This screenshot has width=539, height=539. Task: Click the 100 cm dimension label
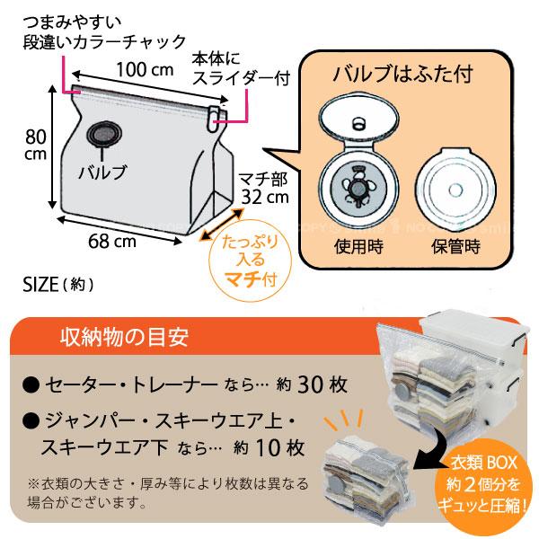[x=145, y=70]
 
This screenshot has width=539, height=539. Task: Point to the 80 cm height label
[x=36, y=146]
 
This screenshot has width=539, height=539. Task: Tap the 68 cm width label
[x=112, y=242]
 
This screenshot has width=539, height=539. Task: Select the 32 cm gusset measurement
[x=265, y=198]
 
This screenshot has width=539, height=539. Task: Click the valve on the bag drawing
[x=104, y=134]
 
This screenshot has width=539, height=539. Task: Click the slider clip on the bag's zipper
[x=214, y=119]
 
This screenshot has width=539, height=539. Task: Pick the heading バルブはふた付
[x=403, y=74]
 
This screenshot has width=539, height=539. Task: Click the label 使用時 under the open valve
[x=358, y=246]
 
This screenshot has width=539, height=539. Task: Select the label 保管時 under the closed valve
[x=455, y=246]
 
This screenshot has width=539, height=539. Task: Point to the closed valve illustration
[x=455, y=190]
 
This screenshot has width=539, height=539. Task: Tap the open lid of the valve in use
[x=358, y=118]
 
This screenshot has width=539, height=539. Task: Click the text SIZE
[x=40, y=285]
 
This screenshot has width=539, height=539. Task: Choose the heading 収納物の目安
[x=125, y=337]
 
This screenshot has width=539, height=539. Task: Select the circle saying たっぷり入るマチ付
[x=251, y=260]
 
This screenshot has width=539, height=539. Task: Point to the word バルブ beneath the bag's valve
[x=102, y=172]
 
